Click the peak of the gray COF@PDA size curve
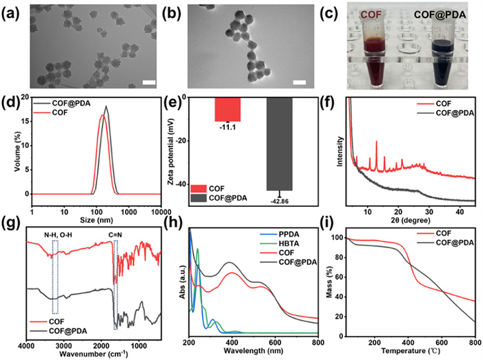tap(106, 106)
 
